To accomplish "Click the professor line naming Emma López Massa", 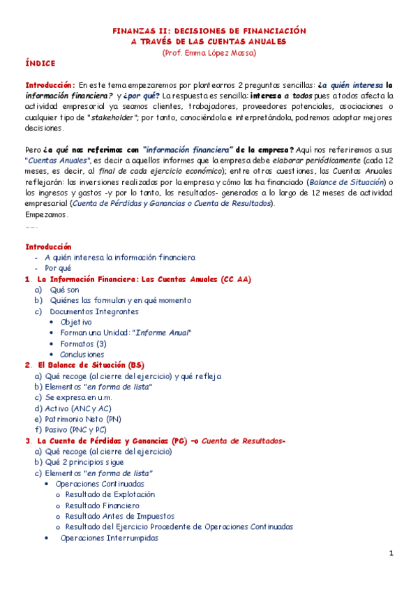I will tap(209, 52).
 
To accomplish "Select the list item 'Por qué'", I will tap(58, 268).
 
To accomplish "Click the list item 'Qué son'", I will tap(61, 289).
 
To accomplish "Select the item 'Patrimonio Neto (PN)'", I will tap(82, 419).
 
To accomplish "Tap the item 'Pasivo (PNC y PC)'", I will tap(76, 429).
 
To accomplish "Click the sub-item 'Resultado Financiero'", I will tap(102, 505).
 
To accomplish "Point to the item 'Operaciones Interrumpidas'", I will tap(109, 538).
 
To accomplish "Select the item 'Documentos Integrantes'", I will tap(94, 311).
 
